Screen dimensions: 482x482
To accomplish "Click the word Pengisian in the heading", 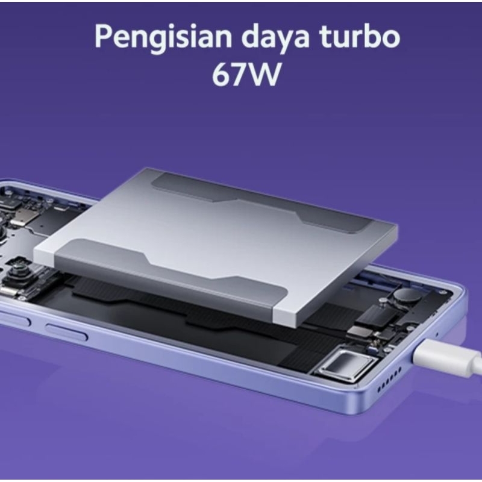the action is coord(163,37).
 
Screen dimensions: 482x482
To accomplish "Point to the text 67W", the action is coord(246,75).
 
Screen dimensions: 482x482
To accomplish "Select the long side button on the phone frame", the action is coord(66,331).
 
